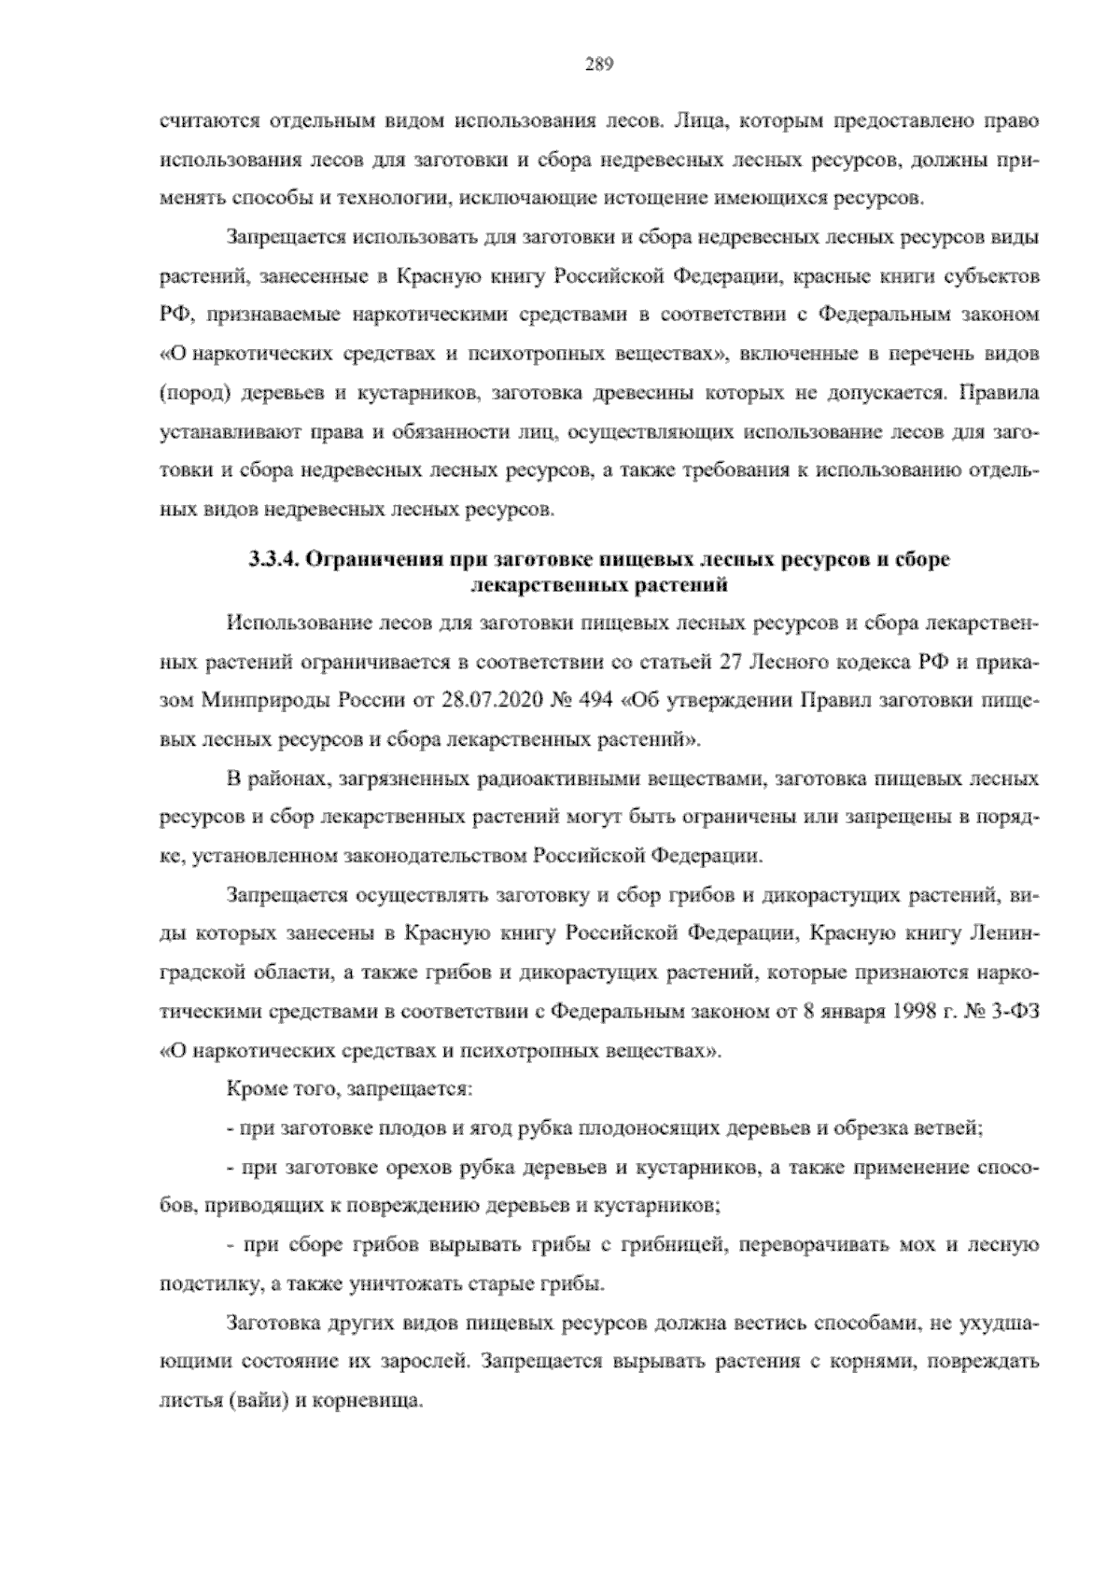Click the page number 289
point(598,64)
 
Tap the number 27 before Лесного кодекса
point(731,662)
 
